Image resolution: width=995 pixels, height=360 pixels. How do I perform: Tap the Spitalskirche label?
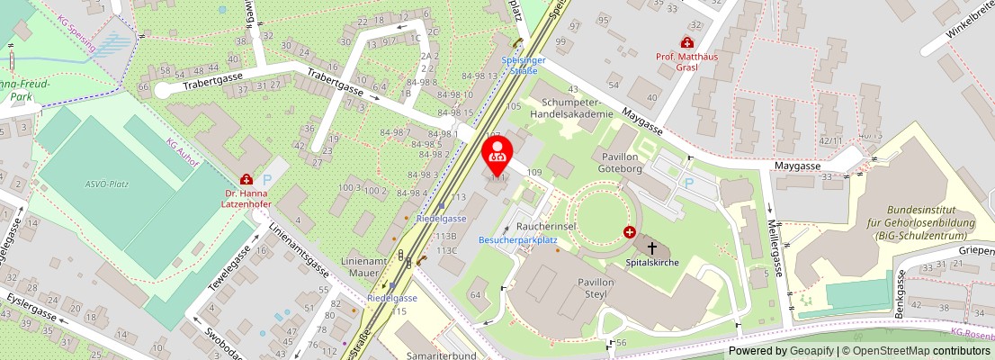[651, 262]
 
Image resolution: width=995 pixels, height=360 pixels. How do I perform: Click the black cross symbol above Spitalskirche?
[651, 247]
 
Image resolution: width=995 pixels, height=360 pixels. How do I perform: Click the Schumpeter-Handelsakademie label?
[571, 109]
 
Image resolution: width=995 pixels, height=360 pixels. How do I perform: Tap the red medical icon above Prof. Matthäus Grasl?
[686, 42]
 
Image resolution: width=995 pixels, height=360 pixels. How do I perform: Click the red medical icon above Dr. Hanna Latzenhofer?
[247, 180]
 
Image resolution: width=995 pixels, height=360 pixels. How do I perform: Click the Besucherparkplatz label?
[518, 240]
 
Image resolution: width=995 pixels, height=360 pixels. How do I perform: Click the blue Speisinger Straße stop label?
[518, 65]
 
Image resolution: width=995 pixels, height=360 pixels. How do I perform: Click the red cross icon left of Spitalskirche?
[629, 232]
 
